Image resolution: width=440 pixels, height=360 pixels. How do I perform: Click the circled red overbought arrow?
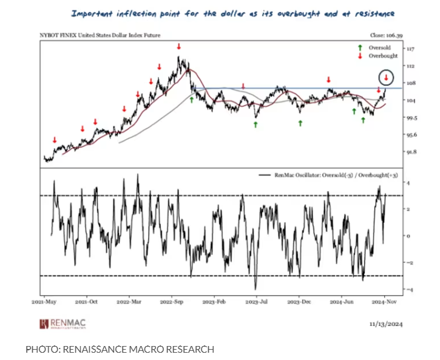tap(387, 77)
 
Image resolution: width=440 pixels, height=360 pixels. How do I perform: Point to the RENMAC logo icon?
tap(44, 324)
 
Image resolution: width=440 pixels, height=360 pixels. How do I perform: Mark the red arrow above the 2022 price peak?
tap(178, 46)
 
